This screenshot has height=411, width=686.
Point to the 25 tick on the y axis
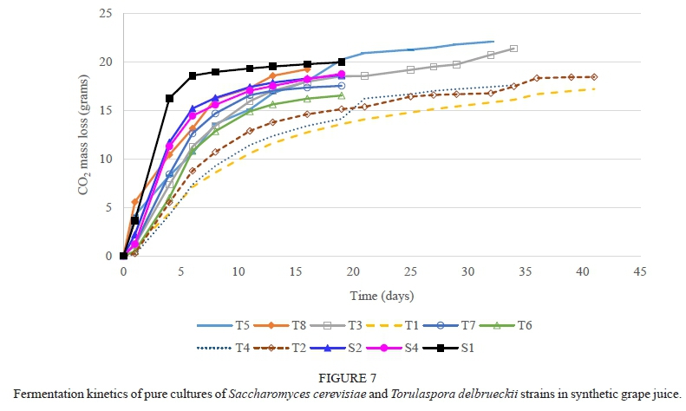(107, 14)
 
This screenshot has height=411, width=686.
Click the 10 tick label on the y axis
(107, 159)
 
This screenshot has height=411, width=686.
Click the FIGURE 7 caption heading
(343, 379)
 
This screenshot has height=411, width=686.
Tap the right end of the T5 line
(493, 41)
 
